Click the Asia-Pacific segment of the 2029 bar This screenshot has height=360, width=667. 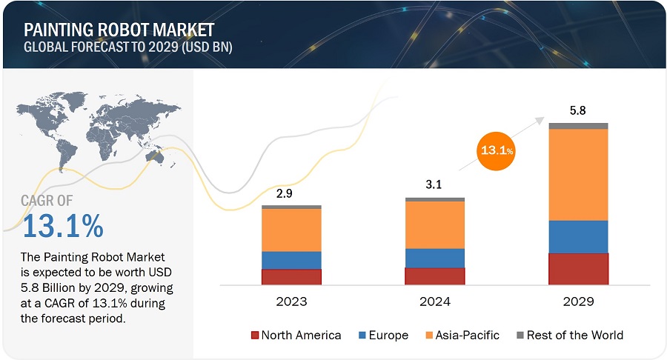click(578, 175)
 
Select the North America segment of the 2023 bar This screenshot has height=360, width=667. click(291, 276)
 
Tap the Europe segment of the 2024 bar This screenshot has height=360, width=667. click(434, 258)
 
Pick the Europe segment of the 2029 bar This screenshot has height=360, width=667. click(578, 237)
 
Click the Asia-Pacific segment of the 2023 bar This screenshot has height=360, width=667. click(291, 230)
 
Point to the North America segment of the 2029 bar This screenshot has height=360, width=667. click(578, 269)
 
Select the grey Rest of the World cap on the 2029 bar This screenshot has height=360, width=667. click(578, 126)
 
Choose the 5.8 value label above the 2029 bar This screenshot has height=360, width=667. click(578, 111)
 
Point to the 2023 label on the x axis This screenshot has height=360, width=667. click(291, 301)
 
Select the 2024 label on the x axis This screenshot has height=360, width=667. click(434, 301)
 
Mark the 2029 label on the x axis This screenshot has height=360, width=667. click(578, 301)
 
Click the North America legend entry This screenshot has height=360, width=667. click(296, 335)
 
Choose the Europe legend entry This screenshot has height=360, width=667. click(383, 335)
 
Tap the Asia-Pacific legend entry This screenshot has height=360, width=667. click(464, 335)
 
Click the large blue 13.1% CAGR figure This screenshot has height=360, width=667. click(63, 226)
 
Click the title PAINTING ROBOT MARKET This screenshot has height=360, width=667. click(119, 30)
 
